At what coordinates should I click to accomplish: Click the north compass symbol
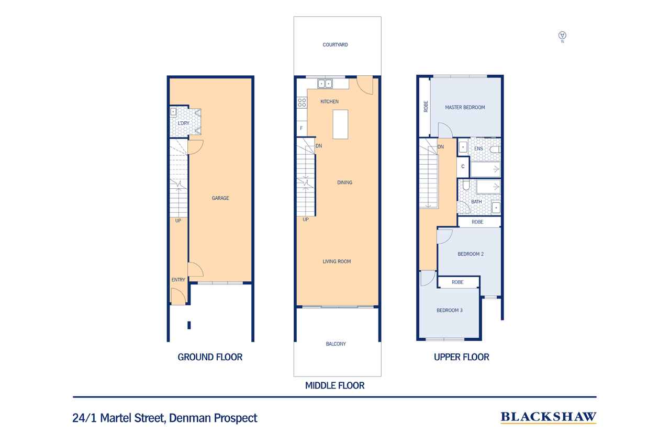(x=562, y=36)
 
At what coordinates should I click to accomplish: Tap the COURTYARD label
(x=335, y=45)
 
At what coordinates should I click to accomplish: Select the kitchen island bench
(x=340, y=124)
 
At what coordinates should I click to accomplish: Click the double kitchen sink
(x=325, y=84)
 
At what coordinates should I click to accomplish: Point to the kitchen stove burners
(x=302, y=102)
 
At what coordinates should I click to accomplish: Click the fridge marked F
(x=302, y=129)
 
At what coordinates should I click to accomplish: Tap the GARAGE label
(x=220, y=198)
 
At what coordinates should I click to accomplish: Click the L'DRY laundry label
(x=183, y=123)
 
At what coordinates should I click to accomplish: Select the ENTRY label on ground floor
(x=178, y=280)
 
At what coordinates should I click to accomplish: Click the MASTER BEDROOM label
(x=465, y=107)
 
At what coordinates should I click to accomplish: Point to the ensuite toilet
(x=495, y=149)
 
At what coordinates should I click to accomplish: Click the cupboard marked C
(x=463, y=167)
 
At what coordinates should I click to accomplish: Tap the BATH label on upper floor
(x=476, y=202)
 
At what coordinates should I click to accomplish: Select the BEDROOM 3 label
(x=450, y=311)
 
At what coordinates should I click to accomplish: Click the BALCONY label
(x=336, y=344)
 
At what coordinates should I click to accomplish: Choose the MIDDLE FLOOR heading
(x=334, y=385)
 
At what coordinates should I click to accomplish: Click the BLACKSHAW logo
(x=549, y=417)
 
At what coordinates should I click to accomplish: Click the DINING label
(x=344, y=182)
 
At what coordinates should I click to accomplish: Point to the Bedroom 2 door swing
(x=445, y=236)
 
